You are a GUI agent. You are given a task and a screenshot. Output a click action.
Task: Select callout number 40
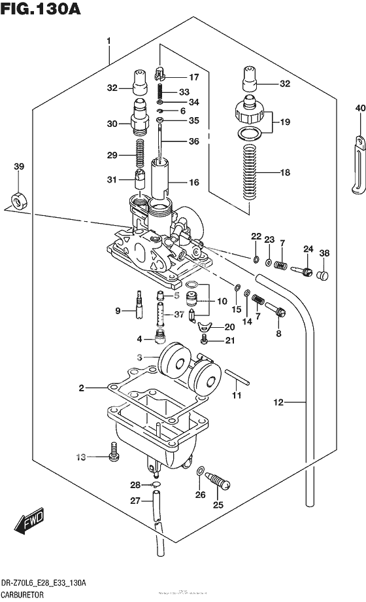click(x=359, y=108)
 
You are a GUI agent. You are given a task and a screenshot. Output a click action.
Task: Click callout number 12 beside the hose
click(x=278, y=402)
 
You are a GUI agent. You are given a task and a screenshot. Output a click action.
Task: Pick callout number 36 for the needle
click(x=193, y=141)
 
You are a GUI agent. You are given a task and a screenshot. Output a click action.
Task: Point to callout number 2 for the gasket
click(x=82, y=389)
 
